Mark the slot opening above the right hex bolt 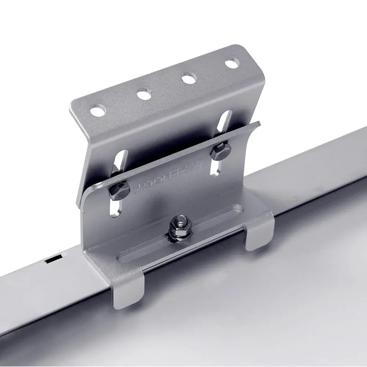tap(225, 121)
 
